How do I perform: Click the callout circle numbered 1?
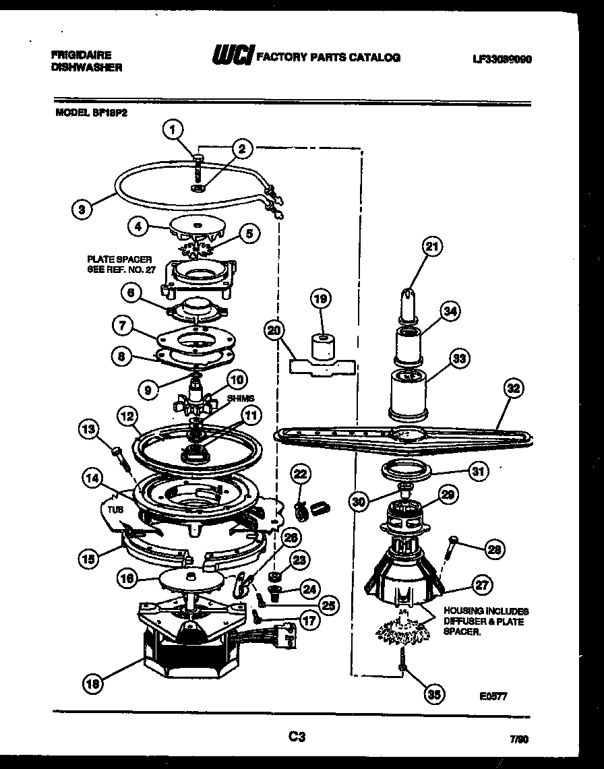[x=174, y=127]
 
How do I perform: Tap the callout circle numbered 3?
[x=82, y=209]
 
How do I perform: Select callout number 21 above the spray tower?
[x=431, y=247]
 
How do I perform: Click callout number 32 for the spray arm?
[x=514, y=389]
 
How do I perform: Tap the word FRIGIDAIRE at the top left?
[x=81, y=55]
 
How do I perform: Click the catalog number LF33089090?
[x=502, y=59]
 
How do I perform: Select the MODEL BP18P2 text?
[x=91, y=114]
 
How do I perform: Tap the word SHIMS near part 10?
[x=241, y=398]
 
